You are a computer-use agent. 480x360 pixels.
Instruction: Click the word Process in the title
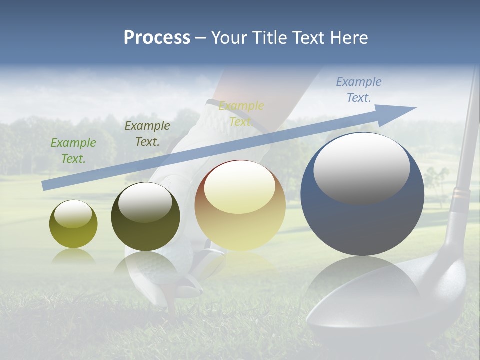pos(157,38)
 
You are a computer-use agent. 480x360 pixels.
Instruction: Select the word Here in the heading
pos(349,38)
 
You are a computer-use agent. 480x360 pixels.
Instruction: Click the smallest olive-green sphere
pos(73,224)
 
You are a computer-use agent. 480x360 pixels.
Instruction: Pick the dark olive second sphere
pos(145,217)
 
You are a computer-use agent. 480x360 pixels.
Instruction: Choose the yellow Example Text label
pos(241,114)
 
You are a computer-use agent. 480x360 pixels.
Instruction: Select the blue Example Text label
pos(358,90)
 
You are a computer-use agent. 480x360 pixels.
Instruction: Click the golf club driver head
pos(380,310)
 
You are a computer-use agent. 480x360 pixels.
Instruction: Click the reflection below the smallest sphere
pos(73,257)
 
